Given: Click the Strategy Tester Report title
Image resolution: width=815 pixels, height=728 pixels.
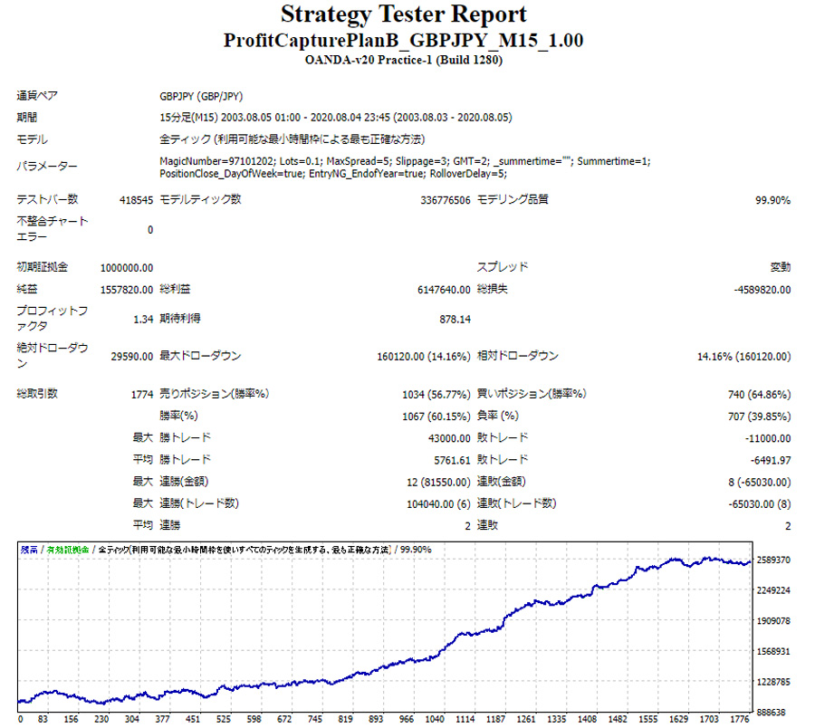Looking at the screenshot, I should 403,15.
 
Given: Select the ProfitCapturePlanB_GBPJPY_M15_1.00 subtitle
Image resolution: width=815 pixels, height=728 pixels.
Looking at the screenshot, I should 403,41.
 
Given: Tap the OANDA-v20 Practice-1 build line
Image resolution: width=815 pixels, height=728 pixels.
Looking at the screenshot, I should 403,61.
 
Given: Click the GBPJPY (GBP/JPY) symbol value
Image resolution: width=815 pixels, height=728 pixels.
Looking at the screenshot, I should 200,96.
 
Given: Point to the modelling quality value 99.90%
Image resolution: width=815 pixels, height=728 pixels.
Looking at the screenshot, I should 772,200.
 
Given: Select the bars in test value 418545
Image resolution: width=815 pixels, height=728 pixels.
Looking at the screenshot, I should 136,200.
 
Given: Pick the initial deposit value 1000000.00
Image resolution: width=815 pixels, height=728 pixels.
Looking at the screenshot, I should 127,268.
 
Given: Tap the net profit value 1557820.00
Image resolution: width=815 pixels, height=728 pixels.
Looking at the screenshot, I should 127,290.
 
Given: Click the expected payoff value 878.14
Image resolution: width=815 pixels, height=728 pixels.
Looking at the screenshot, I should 455,319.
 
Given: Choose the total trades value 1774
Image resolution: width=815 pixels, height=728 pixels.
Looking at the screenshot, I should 141,395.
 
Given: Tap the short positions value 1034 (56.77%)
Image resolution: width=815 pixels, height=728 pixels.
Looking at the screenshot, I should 436,395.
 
